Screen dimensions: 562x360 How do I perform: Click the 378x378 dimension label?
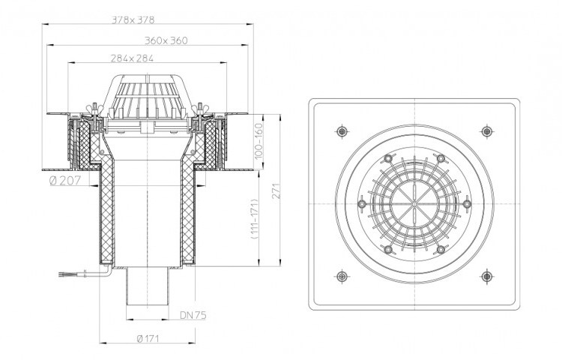click(x=133, y=20)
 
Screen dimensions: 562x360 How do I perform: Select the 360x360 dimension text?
click(x=166, y=41)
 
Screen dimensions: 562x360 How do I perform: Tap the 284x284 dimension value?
click(x=132, y=58)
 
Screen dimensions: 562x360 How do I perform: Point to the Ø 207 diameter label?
click(x=65, y=180)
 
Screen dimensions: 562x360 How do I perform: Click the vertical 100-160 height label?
click(x=259, y=141)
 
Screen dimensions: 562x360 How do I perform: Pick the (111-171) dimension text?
click(x=255, y=219)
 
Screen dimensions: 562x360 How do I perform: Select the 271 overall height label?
click(x=276, y=191)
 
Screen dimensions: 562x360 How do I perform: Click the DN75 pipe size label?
click(x=193, y=315)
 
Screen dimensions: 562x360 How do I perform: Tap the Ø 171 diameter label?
click(x=148, y=338)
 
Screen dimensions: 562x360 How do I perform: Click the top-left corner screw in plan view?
click(x=342, y=131)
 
